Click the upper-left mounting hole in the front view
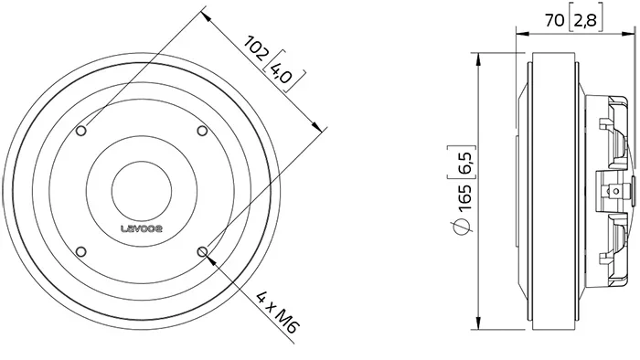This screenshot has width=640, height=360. [81, 131]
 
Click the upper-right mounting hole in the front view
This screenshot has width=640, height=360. [202, 131]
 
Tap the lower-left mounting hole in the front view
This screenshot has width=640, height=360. [81, 251]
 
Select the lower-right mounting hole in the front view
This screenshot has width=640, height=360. [202, 252]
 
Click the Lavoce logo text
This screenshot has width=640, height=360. [142, 228]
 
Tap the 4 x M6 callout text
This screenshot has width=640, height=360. [278, 312]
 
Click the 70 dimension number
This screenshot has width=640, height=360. [555, 19]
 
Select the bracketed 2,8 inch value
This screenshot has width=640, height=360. [585, 20]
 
